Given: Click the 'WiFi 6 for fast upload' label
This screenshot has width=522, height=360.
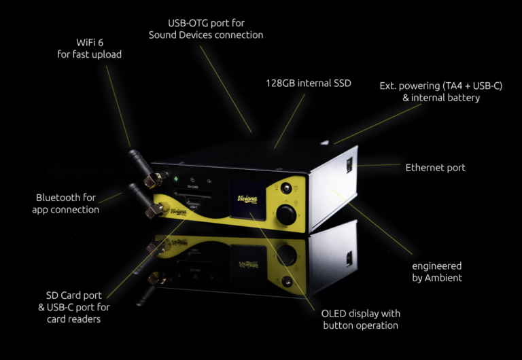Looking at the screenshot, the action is [89, 48].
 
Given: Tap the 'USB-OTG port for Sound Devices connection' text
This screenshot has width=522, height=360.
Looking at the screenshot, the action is [206, 29].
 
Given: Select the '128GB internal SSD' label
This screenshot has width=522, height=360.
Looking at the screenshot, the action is [309, 83].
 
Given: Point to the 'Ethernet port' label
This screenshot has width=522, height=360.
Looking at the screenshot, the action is [435, 168].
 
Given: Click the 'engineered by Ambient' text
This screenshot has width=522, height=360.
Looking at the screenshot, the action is [437, 272].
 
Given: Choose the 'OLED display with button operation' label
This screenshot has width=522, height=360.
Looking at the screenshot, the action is [360, 319].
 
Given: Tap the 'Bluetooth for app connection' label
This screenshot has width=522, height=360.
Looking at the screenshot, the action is [65, 204].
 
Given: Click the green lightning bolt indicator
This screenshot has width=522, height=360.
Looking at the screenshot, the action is [175, 179].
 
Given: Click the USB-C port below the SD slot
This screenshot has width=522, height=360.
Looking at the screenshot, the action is [194, 201].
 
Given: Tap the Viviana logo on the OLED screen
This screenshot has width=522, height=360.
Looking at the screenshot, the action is [247, 199].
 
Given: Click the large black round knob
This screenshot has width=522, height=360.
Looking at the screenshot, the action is [286, 215].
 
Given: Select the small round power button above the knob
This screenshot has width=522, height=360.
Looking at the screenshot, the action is [286, 188].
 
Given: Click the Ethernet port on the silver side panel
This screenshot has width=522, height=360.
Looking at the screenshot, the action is [349, 165].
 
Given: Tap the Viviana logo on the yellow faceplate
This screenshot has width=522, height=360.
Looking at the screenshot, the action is [178, 212].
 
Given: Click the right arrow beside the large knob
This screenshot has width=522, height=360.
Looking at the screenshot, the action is [299, 215].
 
